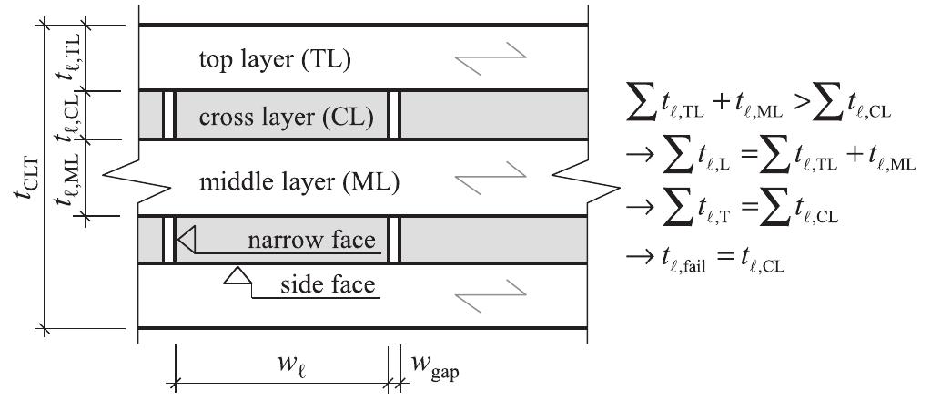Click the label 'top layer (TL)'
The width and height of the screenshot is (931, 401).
(274, 60)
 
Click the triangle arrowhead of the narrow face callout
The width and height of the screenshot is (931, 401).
(187, 241)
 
